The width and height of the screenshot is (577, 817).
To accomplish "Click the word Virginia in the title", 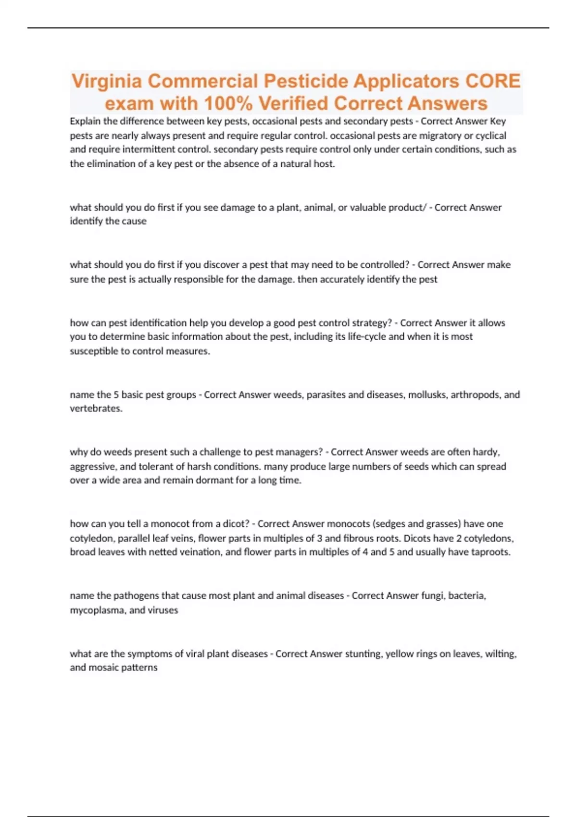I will [106, 82].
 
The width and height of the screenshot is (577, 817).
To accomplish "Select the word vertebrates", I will [96, 409].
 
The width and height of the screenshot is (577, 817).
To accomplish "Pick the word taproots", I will [490, 552].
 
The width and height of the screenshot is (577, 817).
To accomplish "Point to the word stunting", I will [364, 654].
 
